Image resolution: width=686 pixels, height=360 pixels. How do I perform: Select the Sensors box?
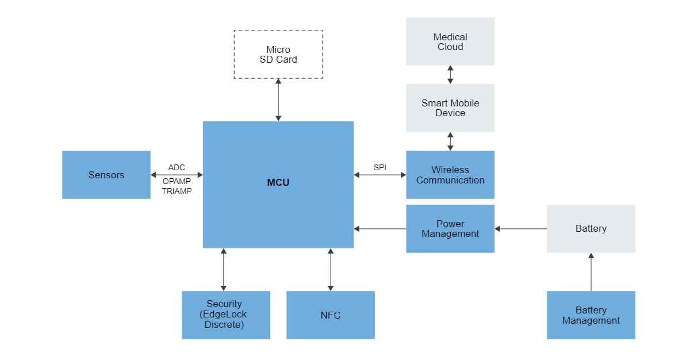pyautogui.click(x=106, y=175)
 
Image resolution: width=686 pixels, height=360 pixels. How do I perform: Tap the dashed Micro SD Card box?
pyautogui.click(x=278, y=55)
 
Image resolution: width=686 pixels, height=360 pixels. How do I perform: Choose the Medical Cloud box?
pyautogui.click(x=450, y=41)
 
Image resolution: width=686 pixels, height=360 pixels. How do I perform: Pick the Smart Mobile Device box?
pyautogui.click(x=450, y=108)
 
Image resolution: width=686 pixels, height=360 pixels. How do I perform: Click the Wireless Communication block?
pyautogui.click(x=450, y=175)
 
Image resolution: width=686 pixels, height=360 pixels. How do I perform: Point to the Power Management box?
pyautogui.click(x=450, y=229)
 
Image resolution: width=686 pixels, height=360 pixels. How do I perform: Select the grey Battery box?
pyautogui.click(x=591, y=229)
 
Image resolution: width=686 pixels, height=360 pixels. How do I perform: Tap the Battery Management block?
pyautogui.click(x=591, y=315)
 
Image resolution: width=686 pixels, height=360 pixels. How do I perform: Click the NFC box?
pyautogui.click(x=331, y=315)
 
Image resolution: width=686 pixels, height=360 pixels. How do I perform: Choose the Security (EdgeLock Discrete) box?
pyautogui.click(x=226, y=315)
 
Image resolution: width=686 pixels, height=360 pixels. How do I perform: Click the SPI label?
pyautogui.click(x=380, y=167)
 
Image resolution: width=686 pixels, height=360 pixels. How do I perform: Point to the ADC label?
pyautogui.click(x=177, y=167)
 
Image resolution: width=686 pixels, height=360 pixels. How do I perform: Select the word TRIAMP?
pyautogui.click(x=177, y=191)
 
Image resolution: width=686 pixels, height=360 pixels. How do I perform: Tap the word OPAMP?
pyautogui.click(x=177, y=181)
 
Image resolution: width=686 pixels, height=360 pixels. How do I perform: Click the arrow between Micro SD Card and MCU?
pyautogui.click(x=278, y=100)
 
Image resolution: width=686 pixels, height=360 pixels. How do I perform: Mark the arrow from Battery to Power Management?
pyautogui.click(x=520, y=229)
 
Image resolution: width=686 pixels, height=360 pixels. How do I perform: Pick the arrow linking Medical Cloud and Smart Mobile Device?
pyautogui.click(x=450, y=75)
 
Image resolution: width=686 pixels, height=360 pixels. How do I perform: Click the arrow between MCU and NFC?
pyautogui.click(x=331, y=269)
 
